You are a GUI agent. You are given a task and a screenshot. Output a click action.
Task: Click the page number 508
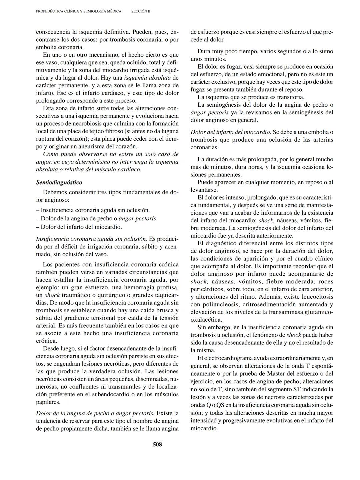click(x=157, y=444)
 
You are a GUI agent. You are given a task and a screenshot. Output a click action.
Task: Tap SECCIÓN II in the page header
click(x=141, y=11)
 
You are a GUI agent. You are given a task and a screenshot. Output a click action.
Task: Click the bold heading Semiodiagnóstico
click(x=59, y=182)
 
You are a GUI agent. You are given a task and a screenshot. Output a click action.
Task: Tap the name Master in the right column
click(x=278, y=373)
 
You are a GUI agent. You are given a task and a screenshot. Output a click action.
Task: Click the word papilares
click(x=48, y=402)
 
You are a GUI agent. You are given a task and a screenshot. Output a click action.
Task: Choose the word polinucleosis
click(x=221, y=304)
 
